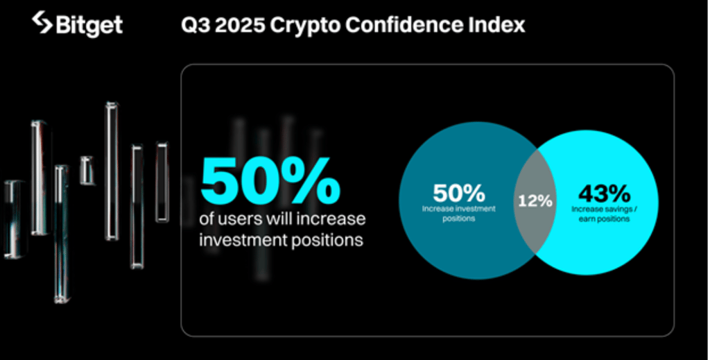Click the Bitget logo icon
(42, 23)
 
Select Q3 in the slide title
(194, 25)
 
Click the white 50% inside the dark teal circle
(459, 192)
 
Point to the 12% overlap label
(536, 201)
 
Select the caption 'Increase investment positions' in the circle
(459, 213)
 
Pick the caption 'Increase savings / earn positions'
(601, 213)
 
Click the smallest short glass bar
(87, 170)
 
